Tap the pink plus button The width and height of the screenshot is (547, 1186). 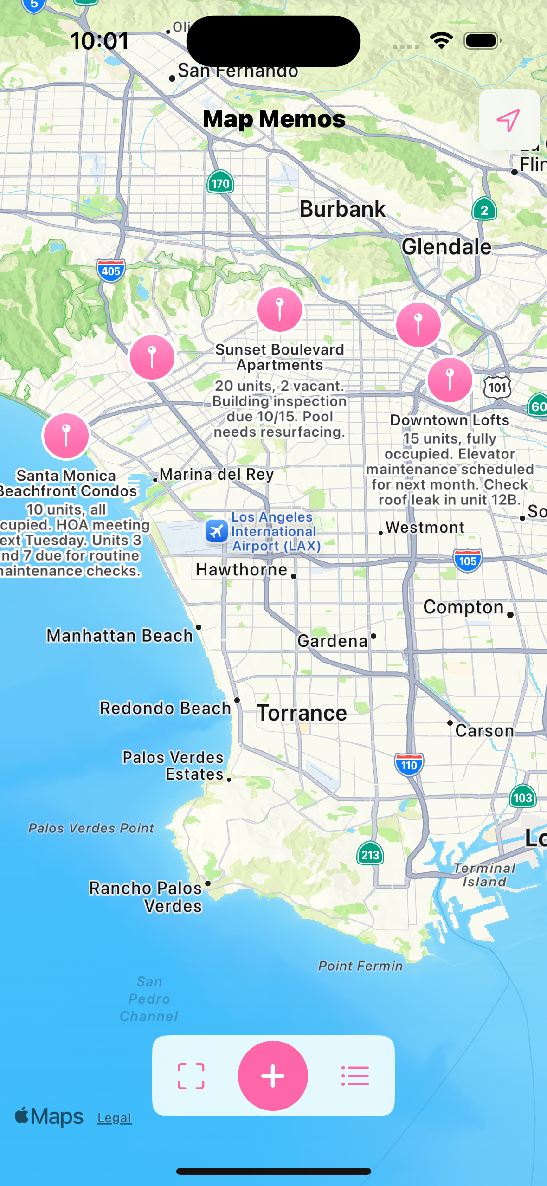[x=273, y=1076]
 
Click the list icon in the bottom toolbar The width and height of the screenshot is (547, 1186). [x=355, y=1076]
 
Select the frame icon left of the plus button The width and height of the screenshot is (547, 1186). [x=191, y=1076]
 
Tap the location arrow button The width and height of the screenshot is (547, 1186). [x=508, y=120]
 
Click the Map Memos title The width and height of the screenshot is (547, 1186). [x=274, y=119]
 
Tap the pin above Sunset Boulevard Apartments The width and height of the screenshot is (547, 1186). [x=280, y=309]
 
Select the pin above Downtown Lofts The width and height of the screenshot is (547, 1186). [x=450, y=380]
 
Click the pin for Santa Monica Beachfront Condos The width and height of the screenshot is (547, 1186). [x=66, y=436]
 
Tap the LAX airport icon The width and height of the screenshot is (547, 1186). [x=217, y=531]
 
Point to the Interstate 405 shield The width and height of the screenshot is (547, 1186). [x=111, y=271]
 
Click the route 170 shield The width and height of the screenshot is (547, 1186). [x=220, y=183]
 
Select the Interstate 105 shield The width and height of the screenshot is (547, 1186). [x=468, y=561]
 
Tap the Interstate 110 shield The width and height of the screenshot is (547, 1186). [x=409, y=765]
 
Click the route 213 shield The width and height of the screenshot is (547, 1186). [x=370, y=854]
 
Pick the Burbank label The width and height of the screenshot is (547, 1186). [x=342, y=209]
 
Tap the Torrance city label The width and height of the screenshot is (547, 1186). [x=302, y=713]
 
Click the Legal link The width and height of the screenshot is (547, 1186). [x=115, y=1118]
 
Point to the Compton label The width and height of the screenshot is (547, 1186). [x=463, y=607]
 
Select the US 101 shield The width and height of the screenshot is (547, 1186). [x=497, y=387]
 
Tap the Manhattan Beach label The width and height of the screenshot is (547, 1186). [x=120, y=636]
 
